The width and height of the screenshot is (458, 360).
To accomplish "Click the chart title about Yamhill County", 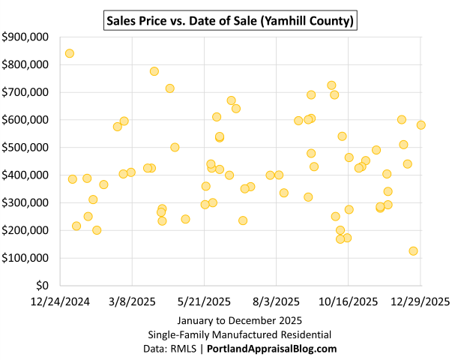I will pos(229,18).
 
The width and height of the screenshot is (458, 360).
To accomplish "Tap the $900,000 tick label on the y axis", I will pos(26,37).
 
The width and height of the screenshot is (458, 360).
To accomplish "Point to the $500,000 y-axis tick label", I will pos(26,148).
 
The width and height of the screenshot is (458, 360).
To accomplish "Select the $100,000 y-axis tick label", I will pos(26,258).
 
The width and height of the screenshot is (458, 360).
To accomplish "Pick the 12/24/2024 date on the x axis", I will pos(61,301).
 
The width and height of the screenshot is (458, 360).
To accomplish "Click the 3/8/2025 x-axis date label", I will pos(133,301).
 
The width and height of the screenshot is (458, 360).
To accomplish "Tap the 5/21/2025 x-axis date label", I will pos(204,301).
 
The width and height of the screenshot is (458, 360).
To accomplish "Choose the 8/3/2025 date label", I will pos(276,301).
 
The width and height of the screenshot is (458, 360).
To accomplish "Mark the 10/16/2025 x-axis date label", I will pos(348,301).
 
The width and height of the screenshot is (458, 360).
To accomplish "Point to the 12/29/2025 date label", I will pos(420,301).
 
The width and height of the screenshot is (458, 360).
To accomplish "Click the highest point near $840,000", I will pos(70,53).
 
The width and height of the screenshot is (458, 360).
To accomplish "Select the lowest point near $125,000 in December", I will pos(413,251).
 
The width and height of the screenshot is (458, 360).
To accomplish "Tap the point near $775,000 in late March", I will pos(154,71).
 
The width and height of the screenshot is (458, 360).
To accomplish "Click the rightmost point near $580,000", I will pos(421,125).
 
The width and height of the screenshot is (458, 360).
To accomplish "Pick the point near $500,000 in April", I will pos(175,147).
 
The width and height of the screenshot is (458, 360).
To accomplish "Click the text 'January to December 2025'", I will pos(229,320).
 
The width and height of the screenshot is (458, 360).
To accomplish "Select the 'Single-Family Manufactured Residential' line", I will pos(229,334).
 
